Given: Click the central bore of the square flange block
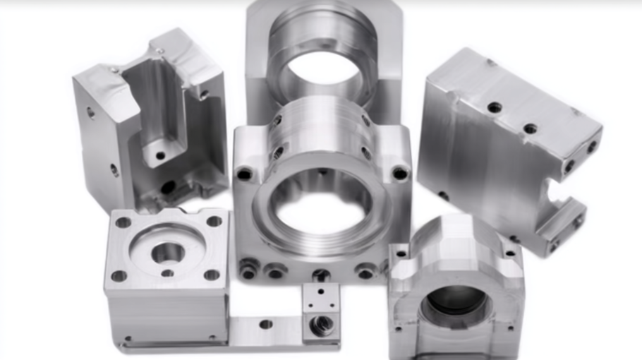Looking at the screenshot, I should click(168, 251).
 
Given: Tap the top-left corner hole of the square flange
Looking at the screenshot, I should click(123, 222).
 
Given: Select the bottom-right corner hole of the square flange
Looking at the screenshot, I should click(212, 275).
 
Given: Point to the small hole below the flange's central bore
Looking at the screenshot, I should click(167, 273).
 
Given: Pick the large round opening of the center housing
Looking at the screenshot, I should click(322, 205).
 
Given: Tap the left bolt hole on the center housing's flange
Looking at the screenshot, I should click(244, 174).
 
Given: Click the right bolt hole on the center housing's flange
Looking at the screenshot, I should click(400, 173).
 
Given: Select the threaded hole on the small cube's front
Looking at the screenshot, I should click(322, 323).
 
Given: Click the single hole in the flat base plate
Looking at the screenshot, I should click(265, 324).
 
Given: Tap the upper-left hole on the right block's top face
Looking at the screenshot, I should click(495, 107).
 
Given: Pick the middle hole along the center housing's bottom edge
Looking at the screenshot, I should click(321, 273).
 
